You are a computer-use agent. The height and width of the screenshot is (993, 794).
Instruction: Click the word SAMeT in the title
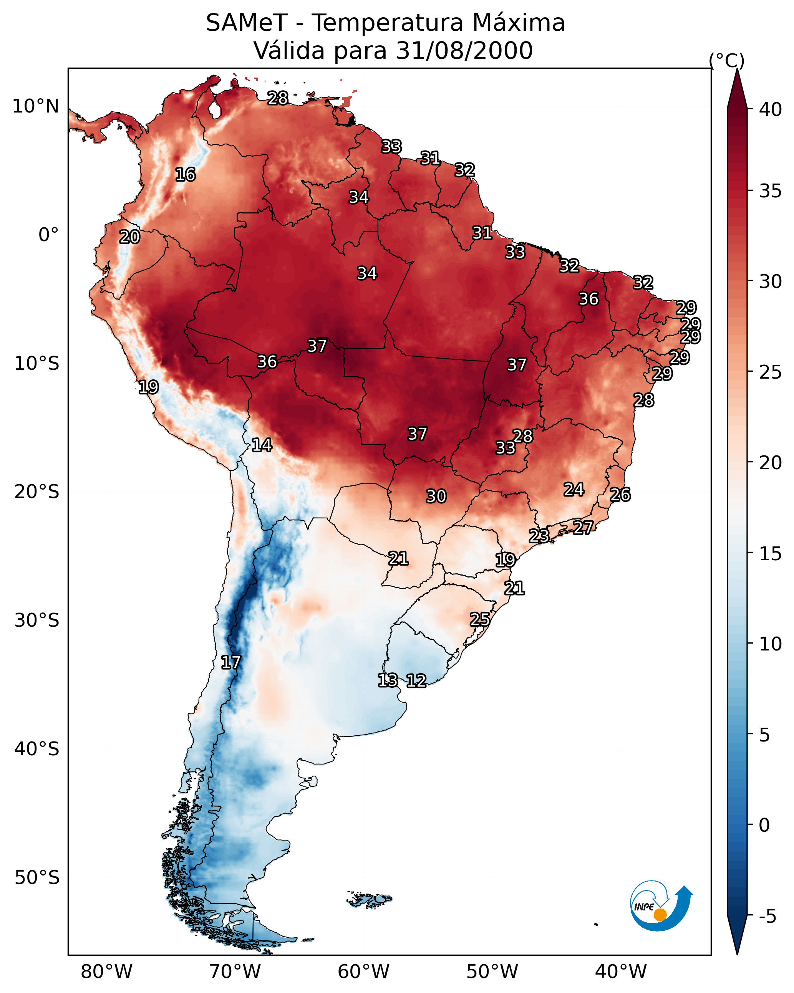point(247,23)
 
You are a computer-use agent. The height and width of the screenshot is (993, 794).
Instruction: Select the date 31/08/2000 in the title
point(464,51)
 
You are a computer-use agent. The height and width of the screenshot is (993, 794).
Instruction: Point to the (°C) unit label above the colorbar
point(726,60)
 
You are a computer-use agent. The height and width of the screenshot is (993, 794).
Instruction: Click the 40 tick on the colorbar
point(771,109)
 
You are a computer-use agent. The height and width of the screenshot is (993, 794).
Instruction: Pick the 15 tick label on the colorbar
point(771,554)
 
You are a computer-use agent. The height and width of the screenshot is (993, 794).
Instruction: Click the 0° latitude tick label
point(49,235)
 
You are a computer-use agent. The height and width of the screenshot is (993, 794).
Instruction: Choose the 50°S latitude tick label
point(37,878)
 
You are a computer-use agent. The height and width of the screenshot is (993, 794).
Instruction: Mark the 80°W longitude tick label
point(106,972)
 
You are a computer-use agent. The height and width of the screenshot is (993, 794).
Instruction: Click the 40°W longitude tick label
point(621,972)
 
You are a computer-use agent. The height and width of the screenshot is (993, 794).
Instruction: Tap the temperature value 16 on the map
point(185,175)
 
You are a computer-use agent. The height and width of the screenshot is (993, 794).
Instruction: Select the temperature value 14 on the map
point(262,445)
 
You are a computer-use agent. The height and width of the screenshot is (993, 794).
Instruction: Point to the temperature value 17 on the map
point(230,662)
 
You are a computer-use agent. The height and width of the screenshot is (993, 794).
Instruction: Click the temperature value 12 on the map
point(416,681)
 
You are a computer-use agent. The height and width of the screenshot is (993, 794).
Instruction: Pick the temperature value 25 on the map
point(480,619)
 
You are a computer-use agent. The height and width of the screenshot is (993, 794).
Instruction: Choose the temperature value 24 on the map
point(574,489)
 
